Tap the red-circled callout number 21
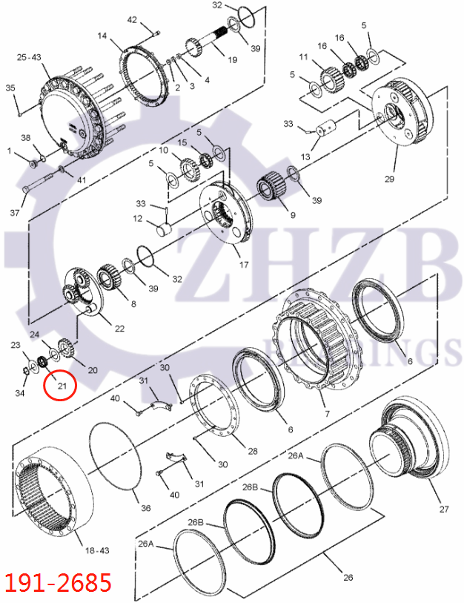[x=62, y=386]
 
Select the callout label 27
[x=444, y=510]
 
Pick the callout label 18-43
[x=97, y=551]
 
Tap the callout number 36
[x=145, y=508]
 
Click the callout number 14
[x=102, y=36]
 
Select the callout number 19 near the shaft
[x=232, y=60]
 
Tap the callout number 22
[x=119, y=328]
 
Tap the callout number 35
[x=10, y=88]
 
